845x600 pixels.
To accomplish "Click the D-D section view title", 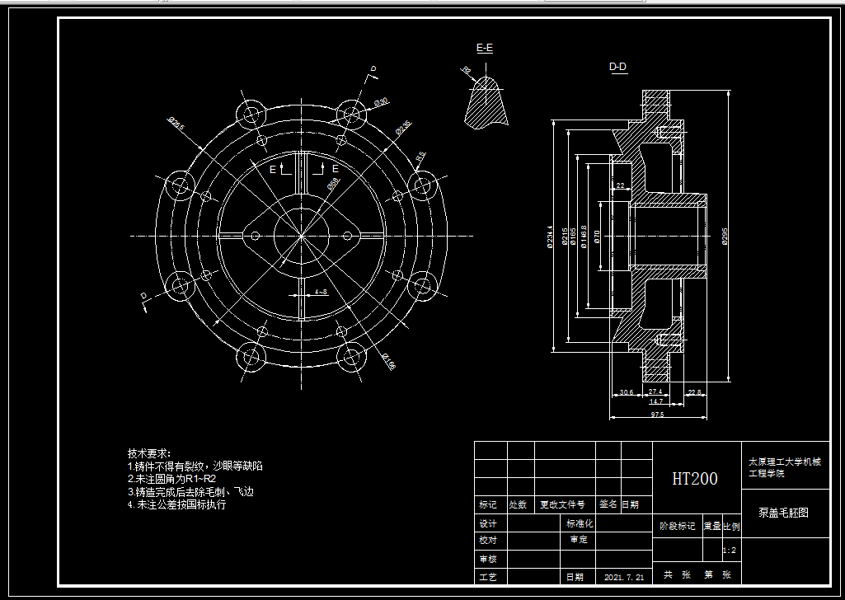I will tap(617, 67).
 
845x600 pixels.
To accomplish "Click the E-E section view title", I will tap(485, 48).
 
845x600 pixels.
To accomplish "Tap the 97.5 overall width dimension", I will tap(657, 415).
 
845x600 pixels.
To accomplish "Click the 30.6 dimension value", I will tap(626, 391).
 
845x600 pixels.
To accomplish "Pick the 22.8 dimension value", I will tap(695, 391).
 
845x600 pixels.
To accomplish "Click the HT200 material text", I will tap(694, 479).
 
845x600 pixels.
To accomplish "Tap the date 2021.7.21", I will tap(624, 577).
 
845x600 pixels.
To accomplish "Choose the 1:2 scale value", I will tap(730, 550).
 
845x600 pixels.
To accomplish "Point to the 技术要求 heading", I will tap(148, 453).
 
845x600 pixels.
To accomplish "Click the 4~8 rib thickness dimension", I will tap(321, 292).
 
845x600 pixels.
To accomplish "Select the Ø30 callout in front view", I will tap(381, 101).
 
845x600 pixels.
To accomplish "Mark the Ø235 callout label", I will tap(402, 127).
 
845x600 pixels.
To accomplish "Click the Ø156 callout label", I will tap(387, 361).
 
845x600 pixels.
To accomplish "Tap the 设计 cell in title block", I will tap(488, 523).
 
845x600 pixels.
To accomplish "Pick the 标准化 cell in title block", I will tap(579, 523).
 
